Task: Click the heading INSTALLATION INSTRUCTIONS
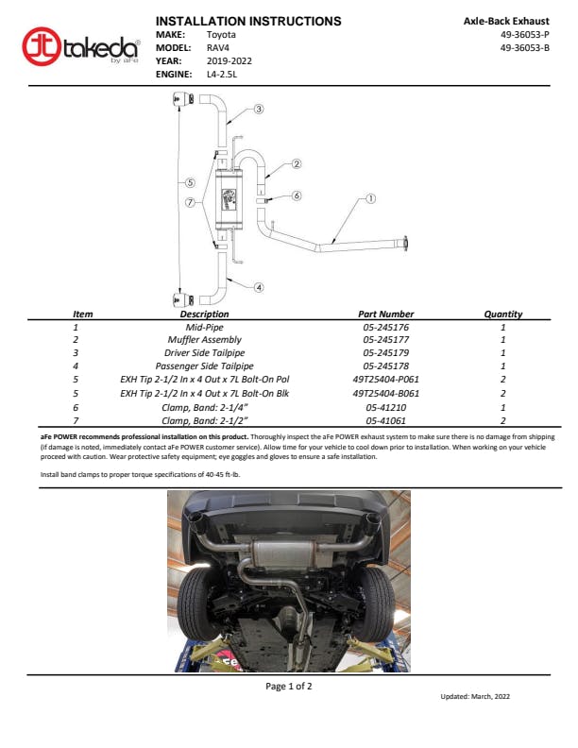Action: [x=248, y=21]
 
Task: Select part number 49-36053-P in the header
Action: [x=524, y=34]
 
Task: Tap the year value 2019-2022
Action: [x=229, y=59]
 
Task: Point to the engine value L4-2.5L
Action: [x=225, y=73]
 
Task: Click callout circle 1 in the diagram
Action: [x=370, y=199]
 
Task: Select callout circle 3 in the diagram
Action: [x=259, y=110]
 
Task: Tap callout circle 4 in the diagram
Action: [x=259, y=287]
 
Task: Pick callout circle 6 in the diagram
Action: [x=296, y=196]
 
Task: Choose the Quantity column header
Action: [x=502, y=314]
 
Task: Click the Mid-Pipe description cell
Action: [x=204, y=327]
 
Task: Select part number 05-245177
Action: [x=385, y=339]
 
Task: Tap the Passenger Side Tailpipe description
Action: [x=204, y=365]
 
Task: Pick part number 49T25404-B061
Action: [x=385, y=393]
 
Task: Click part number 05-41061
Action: [x=385, y=420]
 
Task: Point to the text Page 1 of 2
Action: [x=288, y=687]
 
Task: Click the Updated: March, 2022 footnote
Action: [x=475, y=696]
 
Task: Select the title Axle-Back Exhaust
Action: [x=506, y=21]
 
